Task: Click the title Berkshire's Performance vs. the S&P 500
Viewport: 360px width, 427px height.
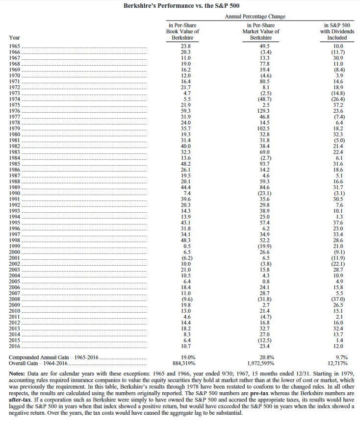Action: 180,6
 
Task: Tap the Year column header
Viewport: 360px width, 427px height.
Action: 14,37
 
